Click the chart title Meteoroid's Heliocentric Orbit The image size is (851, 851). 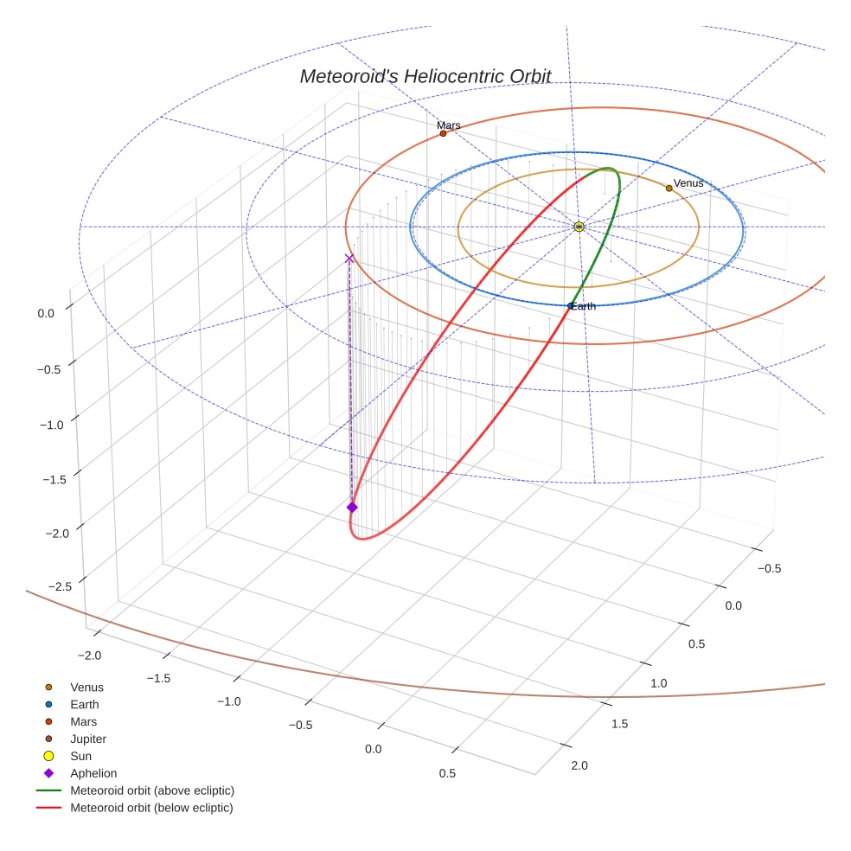[425, 76]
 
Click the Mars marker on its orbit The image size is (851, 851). [443, 133]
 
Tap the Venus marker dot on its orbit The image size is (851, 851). [669, 188]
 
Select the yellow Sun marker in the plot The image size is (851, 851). [579, 227]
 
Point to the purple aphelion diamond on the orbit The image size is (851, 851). [352, 507]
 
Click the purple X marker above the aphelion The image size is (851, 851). [349, 259]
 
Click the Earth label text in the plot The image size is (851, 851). [583, 306]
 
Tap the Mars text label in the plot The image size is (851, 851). [448, 125]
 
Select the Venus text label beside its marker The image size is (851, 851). [688, 183]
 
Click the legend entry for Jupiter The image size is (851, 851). [87, 739]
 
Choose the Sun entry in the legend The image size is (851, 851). [80, 756]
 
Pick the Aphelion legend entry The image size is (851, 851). [93, 773]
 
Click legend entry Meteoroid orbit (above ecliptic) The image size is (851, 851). [152, 790]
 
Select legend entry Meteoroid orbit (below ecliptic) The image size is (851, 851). [151, 808]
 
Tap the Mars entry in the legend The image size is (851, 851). [83, 721]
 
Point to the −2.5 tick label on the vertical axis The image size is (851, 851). [59, 587]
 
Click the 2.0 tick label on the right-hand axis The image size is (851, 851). [579, 765]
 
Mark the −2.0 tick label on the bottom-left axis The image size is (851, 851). [89, 656]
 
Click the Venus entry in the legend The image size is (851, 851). [86, 688]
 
